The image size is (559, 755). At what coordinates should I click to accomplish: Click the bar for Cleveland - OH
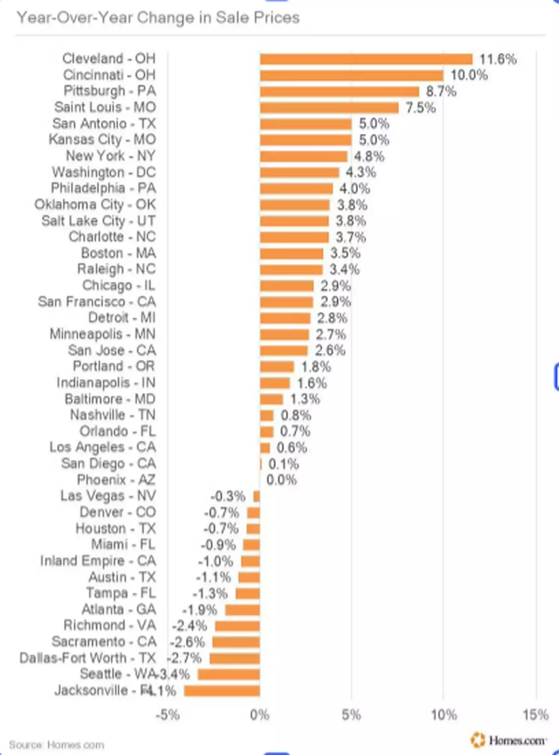pos(366,59)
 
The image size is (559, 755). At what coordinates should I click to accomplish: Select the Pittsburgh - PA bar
pos(340,91)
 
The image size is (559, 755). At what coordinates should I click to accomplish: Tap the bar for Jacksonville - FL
pos(222,690)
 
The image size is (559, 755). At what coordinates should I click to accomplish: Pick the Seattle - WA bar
pos(229,674)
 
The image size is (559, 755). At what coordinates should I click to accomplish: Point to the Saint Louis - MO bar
pos(329,108)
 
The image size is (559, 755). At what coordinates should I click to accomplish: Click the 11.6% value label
pos(498,59)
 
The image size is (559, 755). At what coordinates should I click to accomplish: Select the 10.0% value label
pos(469,75)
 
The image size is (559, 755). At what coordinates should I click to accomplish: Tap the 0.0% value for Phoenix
pos(281,480)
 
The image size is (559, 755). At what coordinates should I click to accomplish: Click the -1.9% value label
pos(199,610)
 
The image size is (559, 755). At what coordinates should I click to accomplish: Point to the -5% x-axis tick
pos(167,715)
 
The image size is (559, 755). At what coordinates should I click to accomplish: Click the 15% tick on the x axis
pos(536,715)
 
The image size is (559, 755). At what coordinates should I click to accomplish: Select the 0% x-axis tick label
pos(259,715)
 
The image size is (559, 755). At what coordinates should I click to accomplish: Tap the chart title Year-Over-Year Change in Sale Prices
pos(158,18)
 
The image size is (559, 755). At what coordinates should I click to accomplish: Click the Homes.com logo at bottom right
pos(509,740)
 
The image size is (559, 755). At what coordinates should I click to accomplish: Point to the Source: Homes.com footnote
pos(56,745)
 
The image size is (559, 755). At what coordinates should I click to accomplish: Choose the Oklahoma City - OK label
pos(95,204)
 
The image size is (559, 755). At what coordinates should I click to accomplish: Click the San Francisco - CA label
pos(97,302)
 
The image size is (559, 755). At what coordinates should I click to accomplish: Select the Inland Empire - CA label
pos(98,561)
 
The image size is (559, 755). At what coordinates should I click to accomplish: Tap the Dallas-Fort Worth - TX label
pos(88,658)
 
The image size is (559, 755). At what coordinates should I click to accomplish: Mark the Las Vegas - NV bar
pos(256,496)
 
